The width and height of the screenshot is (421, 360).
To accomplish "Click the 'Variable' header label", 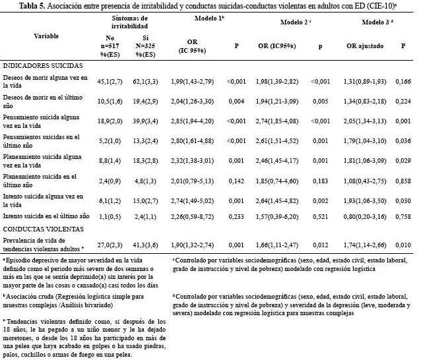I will click(x=46, y=35).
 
